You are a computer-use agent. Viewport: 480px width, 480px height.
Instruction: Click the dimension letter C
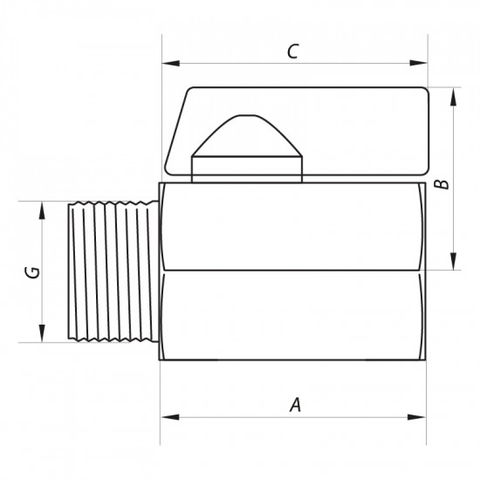[x=292, y=51]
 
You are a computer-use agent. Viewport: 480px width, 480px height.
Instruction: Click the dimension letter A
[x=295, y=405]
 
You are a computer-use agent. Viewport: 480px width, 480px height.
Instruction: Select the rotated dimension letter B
[x=442, y=184]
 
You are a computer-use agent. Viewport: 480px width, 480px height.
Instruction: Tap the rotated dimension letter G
[x=33, y=272]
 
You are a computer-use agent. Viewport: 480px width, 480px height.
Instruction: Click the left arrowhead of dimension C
[x=170, y=64]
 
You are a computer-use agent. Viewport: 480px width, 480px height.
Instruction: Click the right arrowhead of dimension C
[x=418, y=63]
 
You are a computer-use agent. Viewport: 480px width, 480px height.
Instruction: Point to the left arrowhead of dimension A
[x=170, y=417]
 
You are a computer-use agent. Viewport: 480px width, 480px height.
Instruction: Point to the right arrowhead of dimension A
[x=416, y=417]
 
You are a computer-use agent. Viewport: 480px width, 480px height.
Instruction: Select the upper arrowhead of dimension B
[x=453, y=97]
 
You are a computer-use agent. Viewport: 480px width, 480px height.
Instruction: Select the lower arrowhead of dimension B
[x=453, y=261]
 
